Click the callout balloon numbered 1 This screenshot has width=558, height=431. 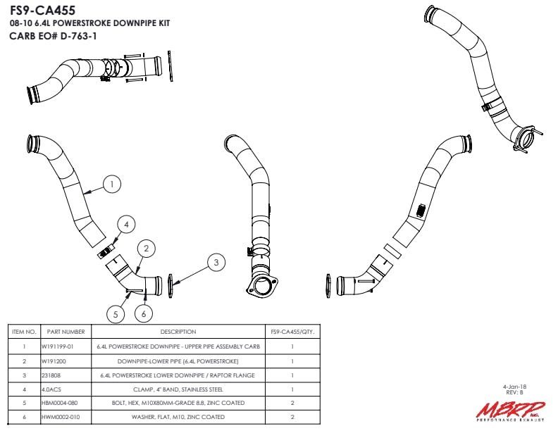[111, 185]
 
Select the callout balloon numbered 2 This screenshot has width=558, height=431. [146, 248]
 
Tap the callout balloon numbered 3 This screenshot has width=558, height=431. [216, 263]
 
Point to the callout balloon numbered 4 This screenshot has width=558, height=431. [126, 225]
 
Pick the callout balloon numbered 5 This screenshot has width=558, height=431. [117, 313]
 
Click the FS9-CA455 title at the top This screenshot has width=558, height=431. [43, 11]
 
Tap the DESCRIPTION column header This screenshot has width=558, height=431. [178, 332]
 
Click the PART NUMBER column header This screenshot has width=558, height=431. [66, 332]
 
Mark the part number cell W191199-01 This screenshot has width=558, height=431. [57, 346]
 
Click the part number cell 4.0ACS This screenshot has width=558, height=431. [51, 389]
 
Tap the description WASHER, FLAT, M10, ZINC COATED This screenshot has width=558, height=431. [178, 418]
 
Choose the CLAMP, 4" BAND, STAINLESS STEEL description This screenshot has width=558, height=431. [178, 389]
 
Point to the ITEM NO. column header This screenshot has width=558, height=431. [24, 332]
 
